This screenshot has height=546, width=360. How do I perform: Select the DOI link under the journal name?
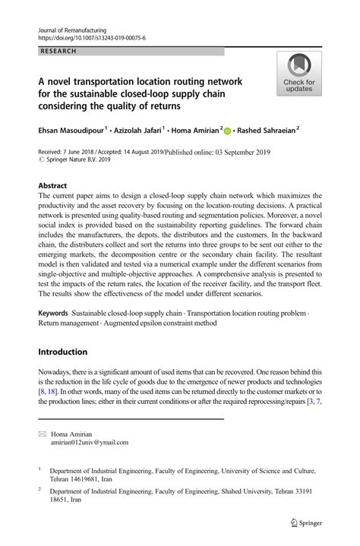pos(92,36)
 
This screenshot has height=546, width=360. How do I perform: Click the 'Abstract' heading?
pos(52,185)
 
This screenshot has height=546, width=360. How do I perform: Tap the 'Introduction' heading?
pos(65,352)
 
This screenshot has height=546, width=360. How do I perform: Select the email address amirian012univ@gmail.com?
pos(89,442)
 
